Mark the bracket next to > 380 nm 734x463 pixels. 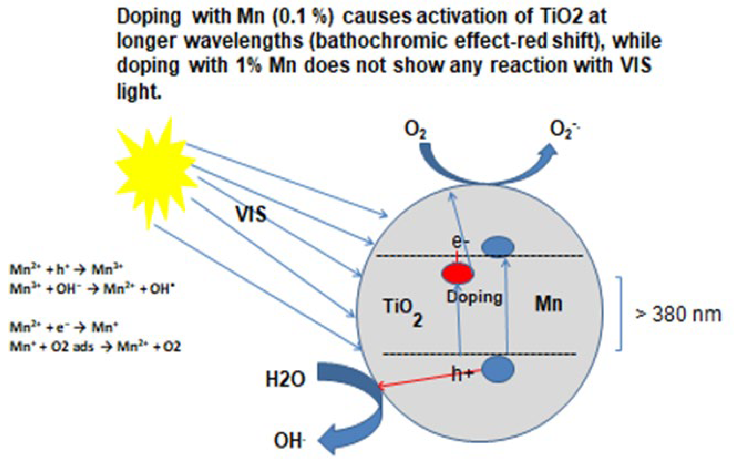click(619, 314)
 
